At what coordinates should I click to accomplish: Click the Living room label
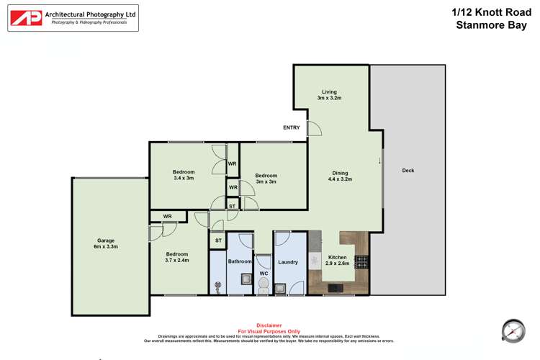(x=330, y=94)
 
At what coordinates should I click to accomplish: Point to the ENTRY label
(x=292, y=127)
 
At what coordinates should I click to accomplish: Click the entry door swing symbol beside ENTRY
(x=313, y=128)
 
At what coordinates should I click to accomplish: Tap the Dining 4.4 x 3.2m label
(x=340, y=176)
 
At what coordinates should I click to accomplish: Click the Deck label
(x=408, y=171)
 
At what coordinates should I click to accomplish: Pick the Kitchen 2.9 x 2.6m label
(x=338, y=260)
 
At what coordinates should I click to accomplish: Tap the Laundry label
(x=288, y=261)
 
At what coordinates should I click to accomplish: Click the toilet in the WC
(x=264, y=286)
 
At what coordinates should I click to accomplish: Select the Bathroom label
(x=240, y=261)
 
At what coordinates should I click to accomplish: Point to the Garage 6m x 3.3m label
(x=106, y=244)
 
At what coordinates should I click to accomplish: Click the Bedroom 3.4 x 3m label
(x=184, y=175)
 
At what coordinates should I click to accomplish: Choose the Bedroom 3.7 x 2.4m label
(x=177, y=257)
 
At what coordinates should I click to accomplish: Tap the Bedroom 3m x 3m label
(x=266, y=179)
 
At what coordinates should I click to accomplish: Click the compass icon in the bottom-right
(x=512, y=330)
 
